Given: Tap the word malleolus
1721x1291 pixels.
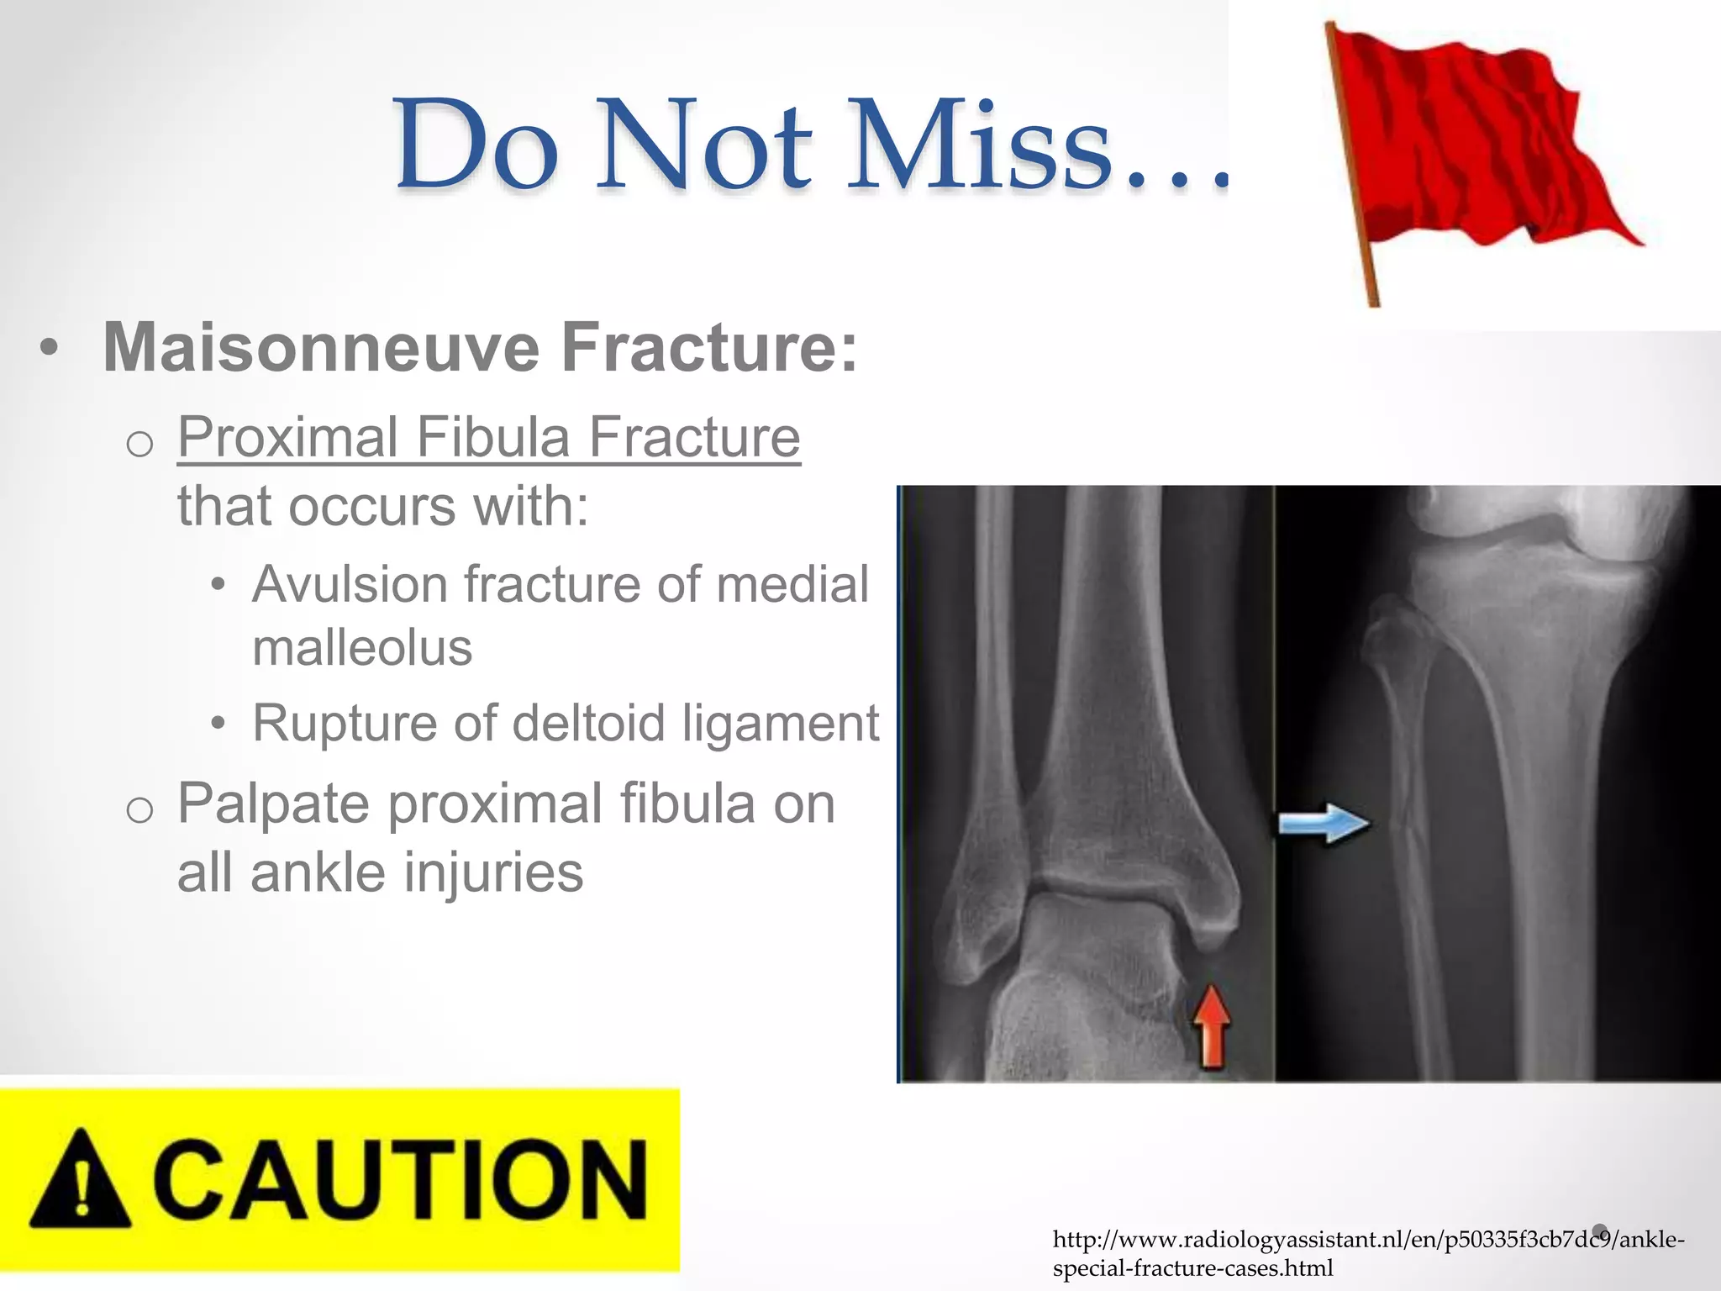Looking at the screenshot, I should pyautogui.click(x=362, y=648).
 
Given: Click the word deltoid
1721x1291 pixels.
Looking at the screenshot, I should pyautogui.click(x=588, y=723).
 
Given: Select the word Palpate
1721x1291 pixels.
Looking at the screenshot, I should pyautogui.click(x=273, y=804).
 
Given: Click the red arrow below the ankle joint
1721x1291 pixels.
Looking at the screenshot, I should pyautogui.click(x=1211, y=1027).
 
